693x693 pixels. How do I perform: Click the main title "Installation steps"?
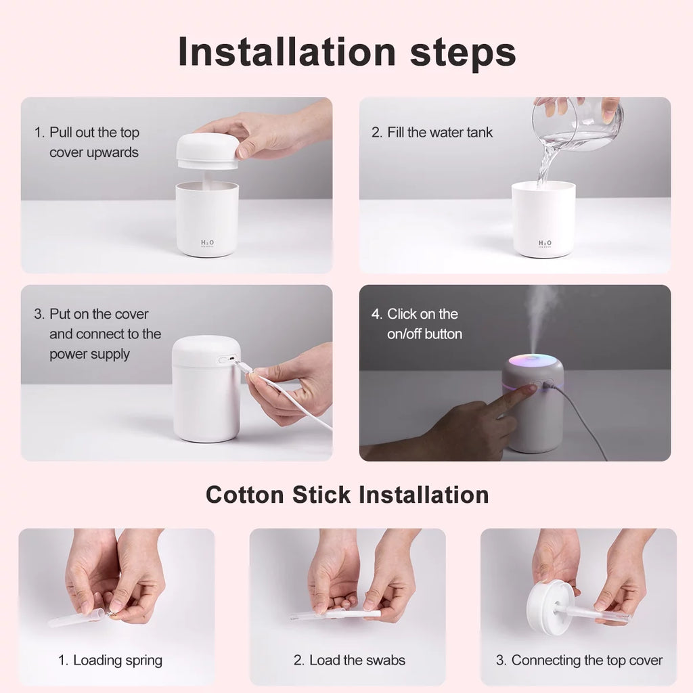346,52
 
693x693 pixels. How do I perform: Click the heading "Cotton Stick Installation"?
346,495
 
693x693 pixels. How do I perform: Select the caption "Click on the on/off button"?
416,323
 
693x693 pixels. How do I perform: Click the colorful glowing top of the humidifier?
533,363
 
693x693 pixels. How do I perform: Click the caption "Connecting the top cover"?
579,661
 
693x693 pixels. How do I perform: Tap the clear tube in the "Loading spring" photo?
74,619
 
